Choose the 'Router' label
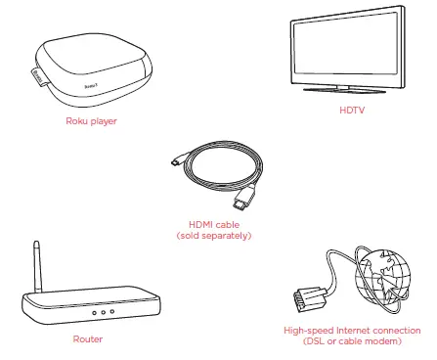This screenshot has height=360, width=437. click(x=87, y=339)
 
